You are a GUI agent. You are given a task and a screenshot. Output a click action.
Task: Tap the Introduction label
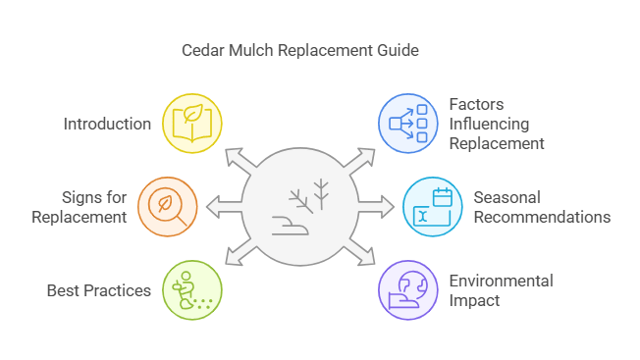coord(107,124)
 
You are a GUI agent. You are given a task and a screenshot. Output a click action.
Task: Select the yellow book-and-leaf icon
coord(192,124)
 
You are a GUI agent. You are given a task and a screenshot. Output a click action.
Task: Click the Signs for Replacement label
coord(80,207)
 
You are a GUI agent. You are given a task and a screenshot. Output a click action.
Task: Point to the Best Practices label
coord(98,290)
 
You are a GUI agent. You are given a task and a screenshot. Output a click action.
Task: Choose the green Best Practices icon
coord(192,290)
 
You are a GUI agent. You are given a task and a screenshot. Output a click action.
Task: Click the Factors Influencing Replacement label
coord(496,124)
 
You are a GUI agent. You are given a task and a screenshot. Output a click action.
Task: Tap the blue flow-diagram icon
coord(408,124)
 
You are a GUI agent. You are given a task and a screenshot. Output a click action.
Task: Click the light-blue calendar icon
coord(433,207)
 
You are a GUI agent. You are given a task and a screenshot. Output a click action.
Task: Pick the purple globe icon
coord(408,290)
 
